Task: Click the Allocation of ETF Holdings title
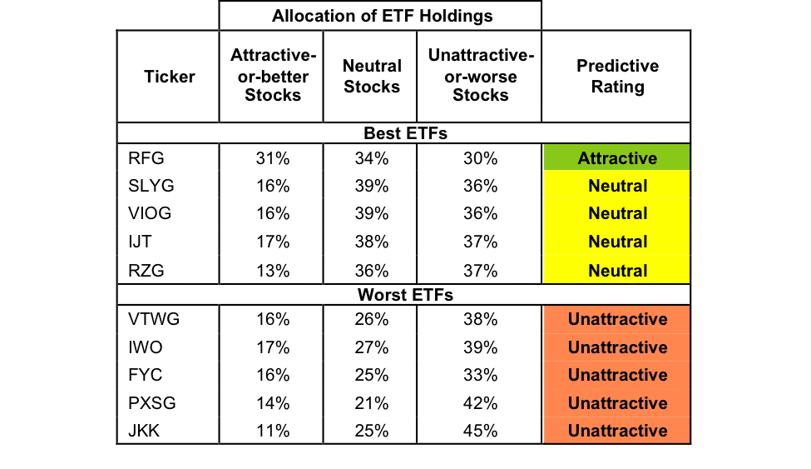coord(383,16)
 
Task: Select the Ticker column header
coord(169,77)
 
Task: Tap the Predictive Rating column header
coord(617,76)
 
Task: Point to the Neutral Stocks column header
coord(372,76)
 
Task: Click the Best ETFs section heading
coord(406,133)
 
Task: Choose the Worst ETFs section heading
coord(406,295)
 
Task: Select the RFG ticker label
coord(146,158)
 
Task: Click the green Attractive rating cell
coord(616,157)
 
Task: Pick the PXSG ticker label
coord(152,402)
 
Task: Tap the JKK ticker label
coord(144,431)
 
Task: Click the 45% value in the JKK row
coord(481,431)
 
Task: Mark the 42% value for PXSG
coord(481,402)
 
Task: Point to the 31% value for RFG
coord(273,158)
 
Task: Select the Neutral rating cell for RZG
coord(616,270)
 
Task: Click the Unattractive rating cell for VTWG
coord(616,319)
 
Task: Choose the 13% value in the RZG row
coord(273,271)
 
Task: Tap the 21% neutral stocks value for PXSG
coord(371,402)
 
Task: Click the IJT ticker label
coord(140,242)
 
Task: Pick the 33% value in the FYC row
coord(481,375)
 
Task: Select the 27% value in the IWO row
coord(371,347)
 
